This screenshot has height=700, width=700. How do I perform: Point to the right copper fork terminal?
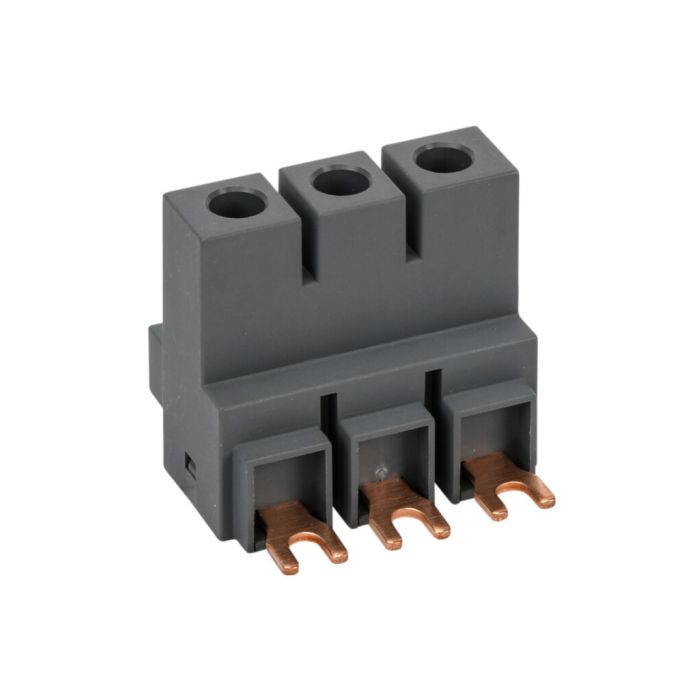pyautogui.click(x=509, y=481)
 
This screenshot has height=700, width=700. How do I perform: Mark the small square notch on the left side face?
pyautogui.click(x=189, y=462)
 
